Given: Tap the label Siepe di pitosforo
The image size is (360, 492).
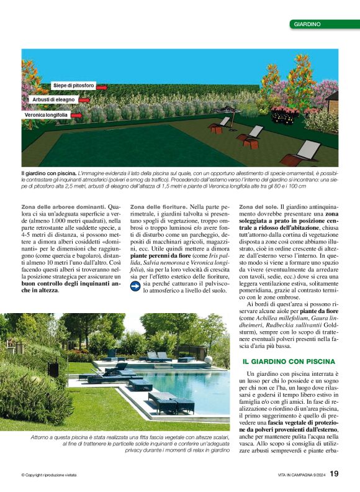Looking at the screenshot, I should click(73, 85).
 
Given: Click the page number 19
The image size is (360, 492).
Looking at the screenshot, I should click(334, 474).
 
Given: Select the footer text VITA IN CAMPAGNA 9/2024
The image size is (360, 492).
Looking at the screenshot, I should click(300, 475).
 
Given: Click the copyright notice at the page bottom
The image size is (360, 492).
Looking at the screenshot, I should click(49, 475).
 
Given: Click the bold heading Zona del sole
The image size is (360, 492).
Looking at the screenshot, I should click(258, 206).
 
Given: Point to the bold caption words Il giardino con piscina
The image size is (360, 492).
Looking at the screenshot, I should click(48, 171).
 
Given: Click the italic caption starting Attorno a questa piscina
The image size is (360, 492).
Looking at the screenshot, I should click(130, 438).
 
